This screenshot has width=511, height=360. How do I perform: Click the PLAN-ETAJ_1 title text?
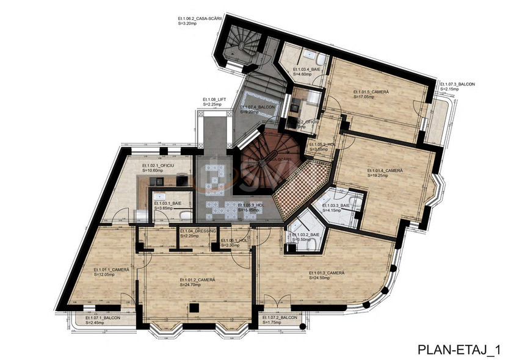coord(458,350)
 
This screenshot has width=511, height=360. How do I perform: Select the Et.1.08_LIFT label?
coord(215,99)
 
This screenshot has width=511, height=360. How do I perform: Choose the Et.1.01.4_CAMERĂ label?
coord(385,170)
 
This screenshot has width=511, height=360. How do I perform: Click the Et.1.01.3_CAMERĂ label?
coord(327,273)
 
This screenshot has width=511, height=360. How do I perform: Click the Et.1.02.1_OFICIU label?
coord(158,165)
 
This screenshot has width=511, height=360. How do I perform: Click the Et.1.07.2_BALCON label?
coord(280,319)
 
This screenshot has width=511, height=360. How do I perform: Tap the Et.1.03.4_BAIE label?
coord(307,70)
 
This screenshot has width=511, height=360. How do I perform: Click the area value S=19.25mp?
coord(379,175)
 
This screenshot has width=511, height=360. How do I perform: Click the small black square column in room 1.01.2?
coord(193,309)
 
